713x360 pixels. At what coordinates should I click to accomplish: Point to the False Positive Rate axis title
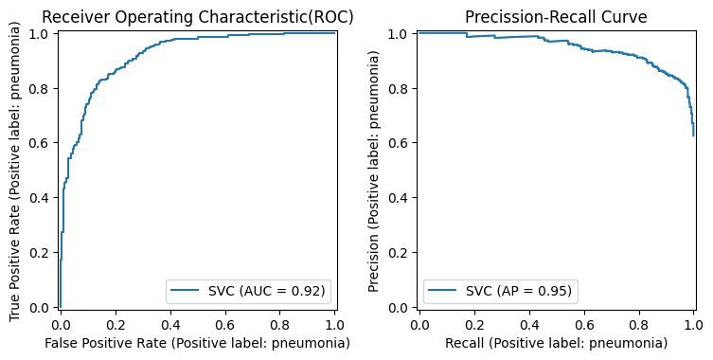coord(196,343)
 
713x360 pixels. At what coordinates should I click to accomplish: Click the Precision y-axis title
coord(374,170)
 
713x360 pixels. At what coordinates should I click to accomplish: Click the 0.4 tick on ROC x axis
coord(170,324)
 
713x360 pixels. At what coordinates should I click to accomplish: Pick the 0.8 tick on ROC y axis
coord(42,88)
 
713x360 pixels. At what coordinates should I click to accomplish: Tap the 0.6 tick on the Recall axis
coord(584,324)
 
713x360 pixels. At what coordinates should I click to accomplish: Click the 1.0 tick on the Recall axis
coord(693,324)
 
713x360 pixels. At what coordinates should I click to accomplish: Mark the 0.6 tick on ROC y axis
coord(42,143)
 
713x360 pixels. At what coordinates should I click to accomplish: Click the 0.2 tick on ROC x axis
coord(116,324)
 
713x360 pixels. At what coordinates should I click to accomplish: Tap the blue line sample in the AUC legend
coord(186,290)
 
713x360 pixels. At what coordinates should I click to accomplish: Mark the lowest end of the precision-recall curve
coord(693,135)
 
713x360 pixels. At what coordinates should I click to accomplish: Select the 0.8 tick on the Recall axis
coord(639,324)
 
